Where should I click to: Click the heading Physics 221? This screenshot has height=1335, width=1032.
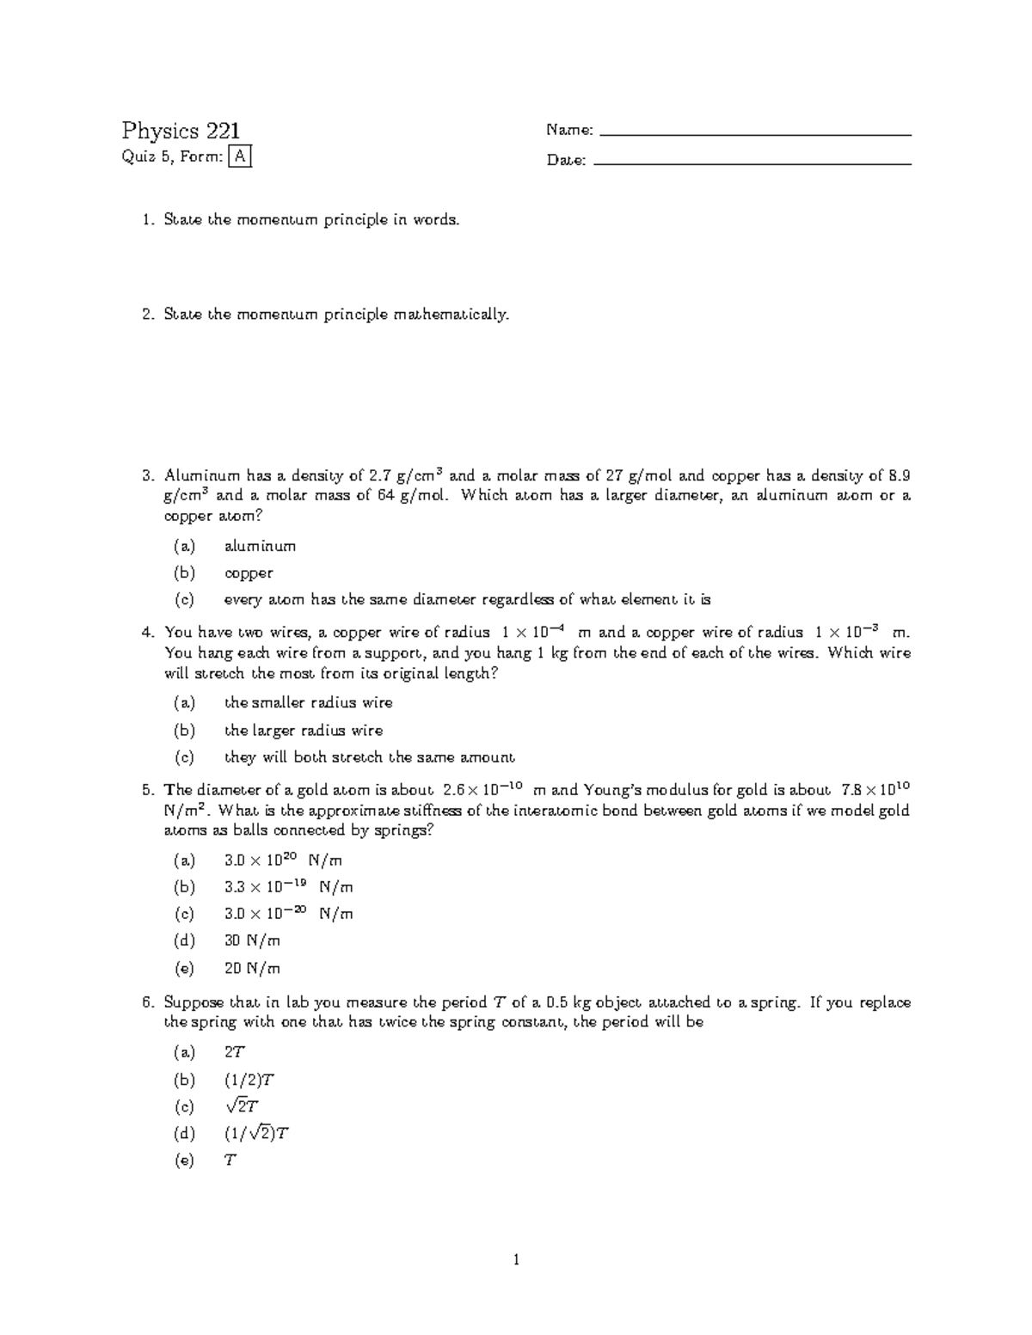coord(181,131)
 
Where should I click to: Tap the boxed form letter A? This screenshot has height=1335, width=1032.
coord(240,156)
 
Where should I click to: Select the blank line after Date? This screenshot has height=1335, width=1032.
coord(752,163)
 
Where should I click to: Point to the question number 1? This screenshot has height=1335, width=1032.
coord(147,220)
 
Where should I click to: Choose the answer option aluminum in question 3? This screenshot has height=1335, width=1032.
coord(260,546)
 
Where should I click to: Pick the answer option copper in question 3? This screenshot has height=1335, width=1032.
coord(249,573)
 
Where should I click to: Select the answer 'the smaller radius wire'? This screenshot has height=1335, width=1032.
coord(308,703)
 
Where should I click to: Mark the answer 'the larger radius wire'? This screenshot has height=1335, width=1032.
coord(304,731)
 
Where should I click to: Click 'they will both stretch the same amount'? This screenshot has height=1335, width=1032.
coord(369,757)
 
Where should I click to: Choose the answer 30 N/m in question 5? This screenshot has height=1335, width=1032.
coord(252,940)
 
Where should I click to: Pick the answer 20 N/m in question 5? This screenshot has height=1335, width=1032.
coord(252,968)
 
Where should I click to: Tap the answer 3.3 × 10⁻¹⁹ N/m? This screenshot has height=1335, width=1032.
coord(288,886)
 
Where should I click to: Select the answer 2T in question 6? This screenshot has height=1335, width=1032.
coord(235,1052)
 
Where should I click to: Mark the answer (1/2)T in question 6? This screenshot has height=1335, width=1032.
coord(249,1080)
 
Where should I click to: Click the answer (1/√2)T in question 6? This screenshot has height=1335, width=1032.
coord(256,1133)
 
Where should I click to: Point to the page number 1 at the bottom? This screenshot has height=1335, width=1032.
coord(516,1260)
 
